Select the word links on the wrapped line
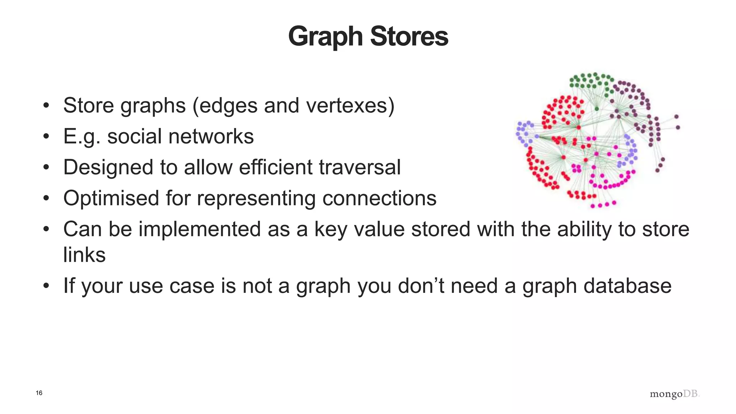coord(84,255)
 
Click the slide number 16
coord(39,393)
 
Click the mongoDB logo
coord(675,394)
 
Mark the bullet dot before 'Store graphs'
coord(46,106)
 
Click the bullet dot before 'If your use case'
coord(46,286)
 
